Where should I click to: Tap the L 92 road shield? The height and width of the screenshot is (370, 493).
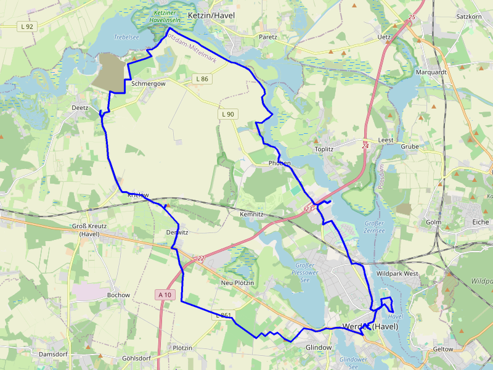[x=26, y=27]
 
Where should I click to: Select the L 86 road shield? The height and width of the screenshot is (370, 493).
[x=202, y=79]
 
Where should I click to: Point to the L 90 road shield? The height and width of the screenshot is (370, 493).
[x=227, y=114]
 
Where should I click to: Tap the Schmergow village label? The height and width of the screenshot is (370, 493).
[x=148, y=83]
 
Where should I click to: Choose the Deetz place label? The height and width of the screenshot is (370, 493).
[x=80, y=107]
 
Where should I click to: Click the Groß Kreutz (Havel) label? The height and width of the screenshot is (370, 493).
[x=90, y=230]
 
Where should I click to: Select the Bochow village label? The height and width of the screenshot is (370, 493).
[x=118, y=295]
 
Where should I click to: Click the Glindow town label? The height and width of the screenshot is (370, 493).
[x=319, y=348]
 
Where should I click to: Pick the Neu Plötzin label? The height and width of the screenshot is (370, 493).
[x=237, y=282]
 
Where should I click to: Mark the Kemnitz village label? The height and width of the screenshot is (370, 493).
[x=251, y=214]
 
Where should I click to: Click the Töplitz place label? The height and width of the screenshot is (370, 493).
[x=324, y=149]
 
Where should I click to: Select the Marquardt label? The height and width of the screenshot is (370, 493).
[x=431, y=72]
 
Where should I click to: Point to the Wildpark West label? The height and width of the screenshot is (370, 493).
[x=397, y=273]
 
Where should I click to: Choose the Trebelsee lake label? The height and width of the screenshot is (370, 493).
[x=126, y=38]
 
